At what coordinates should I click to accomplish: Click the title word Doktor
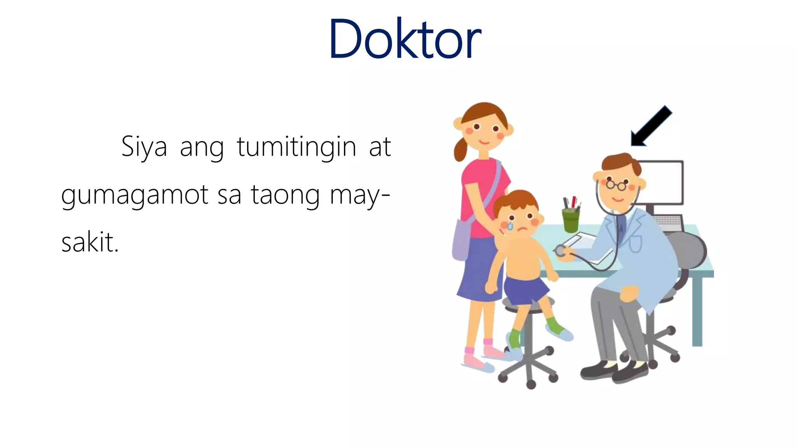[405, 39]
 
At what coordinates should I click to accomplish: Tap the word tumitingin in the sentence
[297, 147]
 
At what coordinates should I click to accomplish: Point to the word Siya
[144, 147]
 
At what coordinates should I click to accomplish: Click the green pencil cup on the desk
[571, 220]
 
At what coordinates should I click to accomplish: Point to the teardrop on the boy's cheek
[510, 225]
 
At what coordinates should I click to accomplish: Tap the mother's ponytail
[460, 150]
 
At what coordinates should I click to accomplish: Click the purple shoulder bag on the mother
[462, 239]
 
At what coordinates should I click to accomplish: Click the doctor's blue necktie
[622, 227]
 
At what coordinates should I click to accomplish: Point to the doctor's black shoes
[615, 371]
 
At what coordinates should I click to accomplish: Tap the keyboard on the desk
[669, 222]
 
